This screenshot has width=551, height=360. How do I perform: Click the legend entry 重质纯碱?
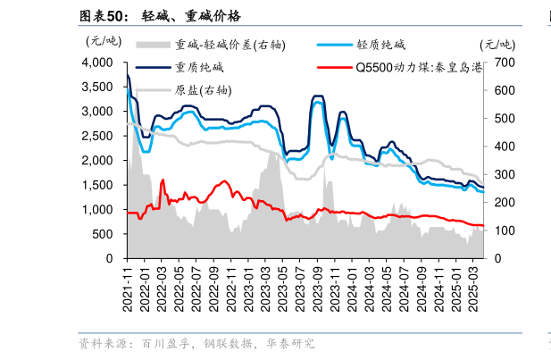(199, 67)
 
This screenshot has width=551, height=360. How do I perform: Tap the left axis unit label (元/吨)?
(103, 40)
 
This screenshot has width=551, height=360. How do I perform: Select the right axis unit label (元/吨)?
(497, 44)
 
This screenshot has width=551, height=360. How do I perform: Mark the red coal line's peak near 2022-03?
(163, 180)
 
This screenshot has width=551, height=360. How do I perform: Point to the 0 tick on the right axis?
(495, 258)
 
